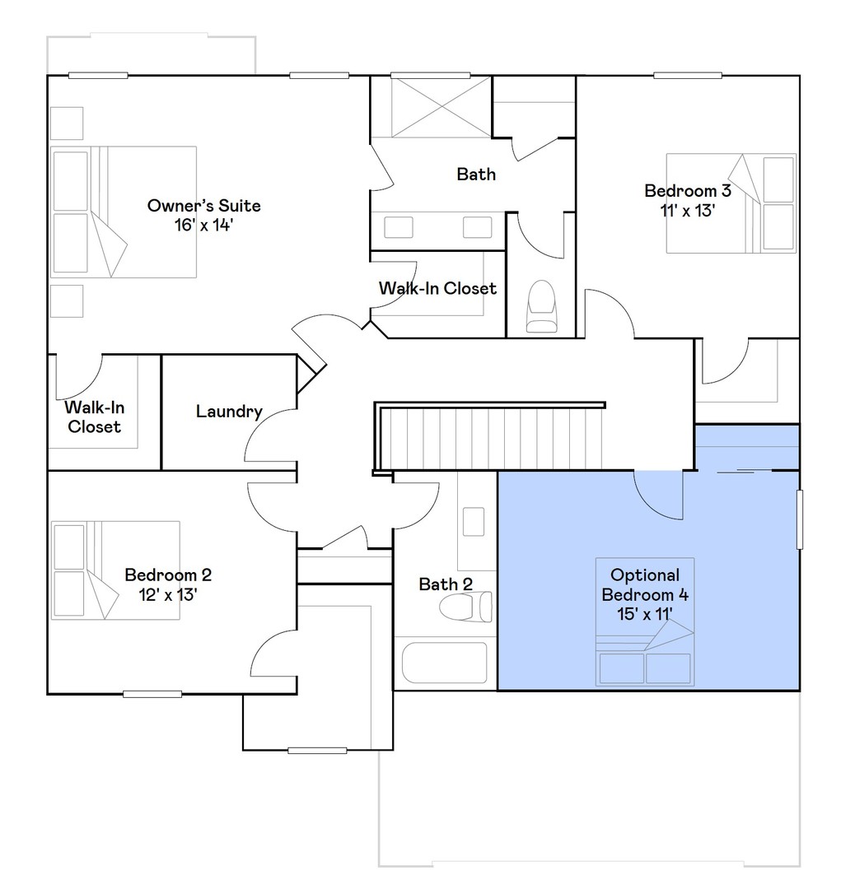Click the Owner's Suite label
[203, 205]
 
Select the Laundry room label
[229, 412]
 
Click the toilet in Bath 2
[465, 608]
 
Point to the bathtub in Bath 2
[445, 663]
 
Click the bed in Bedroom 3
[730, 202]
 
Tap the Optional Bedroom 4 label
[645, 584]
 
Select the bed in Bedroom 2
[116, 570]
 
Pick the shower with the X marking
[429, 106]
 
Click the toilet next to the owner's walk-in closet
[541, 306]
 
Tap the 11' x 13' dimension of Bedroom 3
[687, 210]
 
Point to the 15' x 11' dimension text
[645, 613]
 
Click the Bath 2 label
[446, 584]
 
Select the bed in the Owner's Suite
[124, 212]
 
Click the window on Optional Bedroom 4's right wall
[798, 519]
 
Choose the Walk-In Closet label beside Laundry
[94, 417]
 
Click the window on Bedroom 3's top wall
[689, 76]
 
